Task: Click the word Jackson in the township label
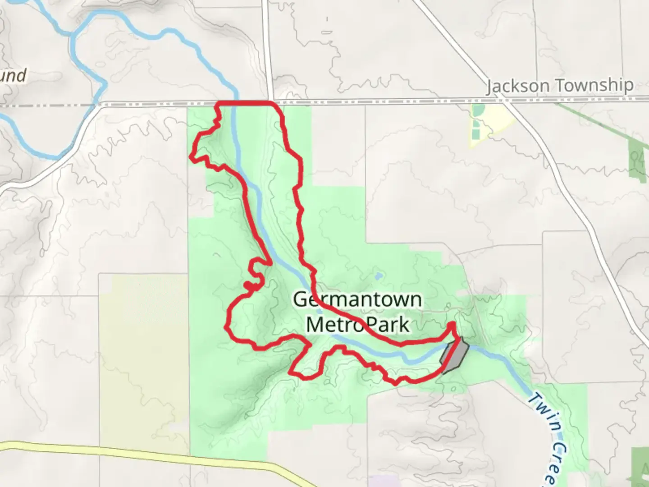(x=518, y=86)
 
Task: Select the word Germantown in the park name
(x=357, y=299)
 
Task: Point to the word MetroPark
(x=358, y=324)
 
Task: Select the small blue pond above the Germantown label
(x=378, y=275)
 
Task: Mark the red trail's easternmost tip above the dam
(x=452, y=324)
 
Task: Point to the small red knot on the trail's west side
(x=249, y=285)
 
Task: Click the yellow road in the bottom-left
(x=135, y=451)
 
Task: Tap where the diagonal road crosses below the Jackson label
(x=507, y=102)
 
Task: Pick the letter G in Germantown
(x=301, y=299)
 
